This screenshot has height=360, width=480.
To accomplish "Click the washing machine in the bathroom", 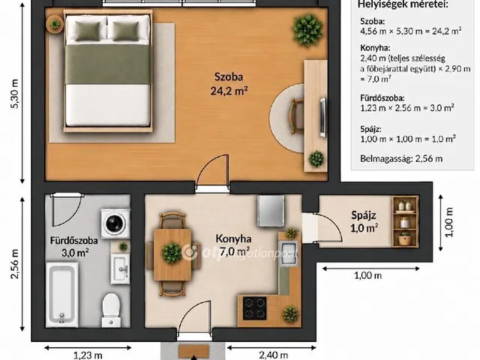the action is pos(115,223).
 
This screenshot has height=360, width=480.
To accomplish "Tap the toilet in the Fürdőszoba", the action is pos(111,310).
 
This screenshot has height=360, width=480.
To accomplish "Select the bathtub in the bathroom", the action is pos(62,295).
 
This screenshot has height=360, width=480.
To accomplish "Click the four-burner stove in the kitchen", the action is pos(254,308).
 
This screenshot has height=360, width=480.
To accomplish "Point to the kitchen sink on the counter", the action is pos(289,253).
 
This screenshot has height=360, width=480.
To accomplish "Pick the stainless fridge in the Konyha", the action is pos(271,211).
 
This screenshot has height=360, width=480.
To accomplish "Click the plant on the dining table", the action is pos(172,253).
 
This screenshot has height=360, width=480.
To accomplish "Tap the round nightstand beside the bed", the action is pos(55,24).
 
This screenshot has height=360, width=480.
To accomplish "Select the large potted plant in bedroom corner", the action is pos(307,30).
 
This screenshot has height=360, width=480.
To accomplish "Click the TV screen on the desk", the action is pos(322,117).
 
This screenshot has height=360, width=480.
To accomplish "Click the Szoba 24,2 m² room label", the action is pos(229,83).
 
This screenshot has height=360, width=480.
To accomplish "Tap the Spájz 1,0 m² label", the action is pos(364,221).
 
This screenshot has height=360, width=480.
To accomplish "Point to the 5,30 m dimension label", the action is pos(15,94).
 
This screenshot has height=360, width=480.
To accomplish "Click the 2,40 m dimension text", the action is pos(273,355).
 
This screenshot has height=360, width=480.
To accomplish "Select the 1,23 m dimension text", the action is pos(88,355).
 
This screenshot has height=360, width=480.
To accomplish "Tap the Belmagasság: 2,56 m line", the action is pos(401,158).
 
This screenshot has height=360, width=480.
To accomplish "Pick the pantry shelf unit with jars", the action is pos(405,222).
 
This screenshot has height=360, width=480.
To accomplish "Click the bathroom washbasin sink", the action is pos(120,268).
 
